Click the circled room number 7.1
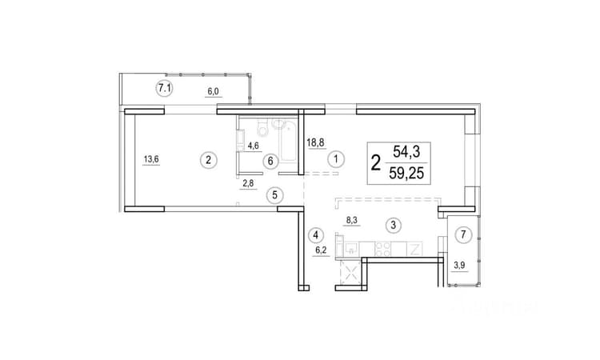tap(165, 89)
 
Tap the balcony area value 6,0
tap(213, 91)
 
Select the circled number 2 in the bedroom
tap(209, 160)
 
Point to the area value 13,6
tap(150, 158)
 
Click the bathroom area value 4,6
tap(254, 146)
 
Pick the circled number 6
tap(270, 161)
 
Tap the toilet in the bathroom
tap(263, 129)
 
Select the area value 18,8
tap(316, 142)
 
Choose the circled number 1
tap(336, 158)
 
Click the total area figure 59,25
tap(406, 174)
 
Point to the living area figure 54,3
tap(406, 152)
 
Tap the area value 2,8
tap(248, 183)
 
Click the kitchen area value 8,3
tap(352, 220)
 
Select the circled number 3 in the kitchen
tap(394, 225)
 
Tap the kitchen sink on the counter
tap(351, 249)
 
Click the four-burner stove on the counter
tap(382, 249)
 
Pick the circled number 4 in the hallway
tap(315, 235)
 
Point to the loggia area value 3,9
tap(459, 265)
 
